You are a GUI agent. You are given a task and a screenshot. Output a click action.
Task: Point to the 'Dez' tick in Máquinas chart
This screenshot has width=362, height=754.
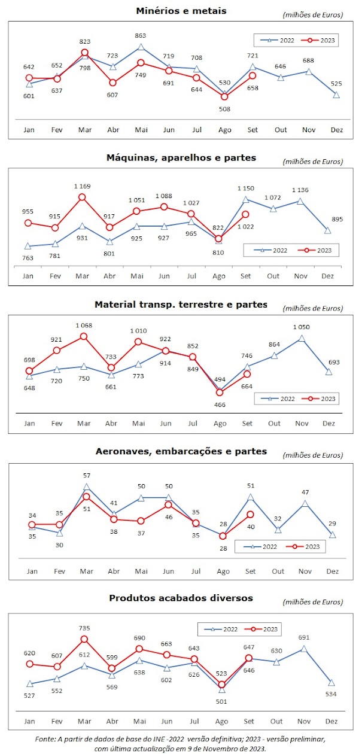(x=327, y=276)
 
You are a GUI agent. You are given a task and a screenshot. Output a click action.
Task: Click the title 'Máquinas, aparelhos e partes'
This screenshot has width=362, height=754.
(x=181, y=157)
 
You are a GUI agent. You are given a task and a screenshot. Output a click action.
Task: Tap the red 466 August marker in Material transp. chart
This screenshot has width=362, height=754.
(x=220, y=393)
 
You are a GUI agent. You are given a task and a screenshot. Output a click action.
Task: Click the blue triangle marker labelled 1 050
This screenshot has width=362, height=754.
(x=302, y=339)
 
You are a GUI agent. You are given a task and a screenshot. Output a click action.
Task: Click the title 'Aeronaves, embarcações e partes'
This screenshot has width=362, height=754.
(x=181, y=451)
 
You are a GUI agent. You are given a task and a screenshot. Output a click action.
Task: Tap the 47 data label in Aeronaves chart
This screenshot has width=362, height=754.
(x=305, y=492)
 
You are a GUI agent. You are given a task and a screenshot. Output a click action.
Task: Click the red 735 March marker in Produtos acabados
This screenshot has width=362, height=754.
(x=85, y=639)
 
